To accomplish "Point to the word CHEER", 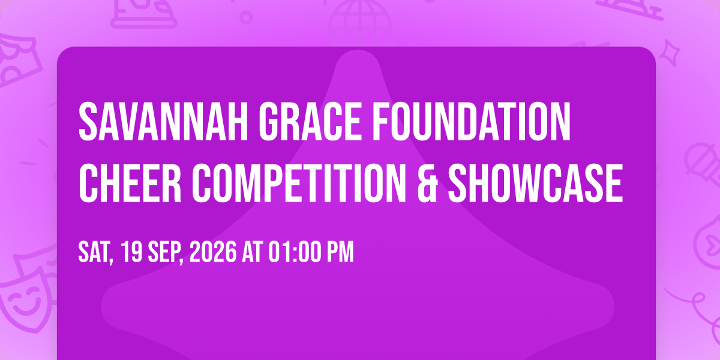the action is click(x=130, y=183).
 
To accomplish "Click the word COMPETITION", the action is click(x=299, y=183).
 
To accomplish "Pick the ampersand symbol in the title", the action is click(x=427, y=184).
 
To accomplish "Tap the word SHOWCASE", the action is click(x=536, y=183).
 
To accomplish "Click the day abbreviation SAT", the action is click(x=95, y=253).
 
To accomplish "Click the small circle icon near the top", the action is click(x=246, y=17).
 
